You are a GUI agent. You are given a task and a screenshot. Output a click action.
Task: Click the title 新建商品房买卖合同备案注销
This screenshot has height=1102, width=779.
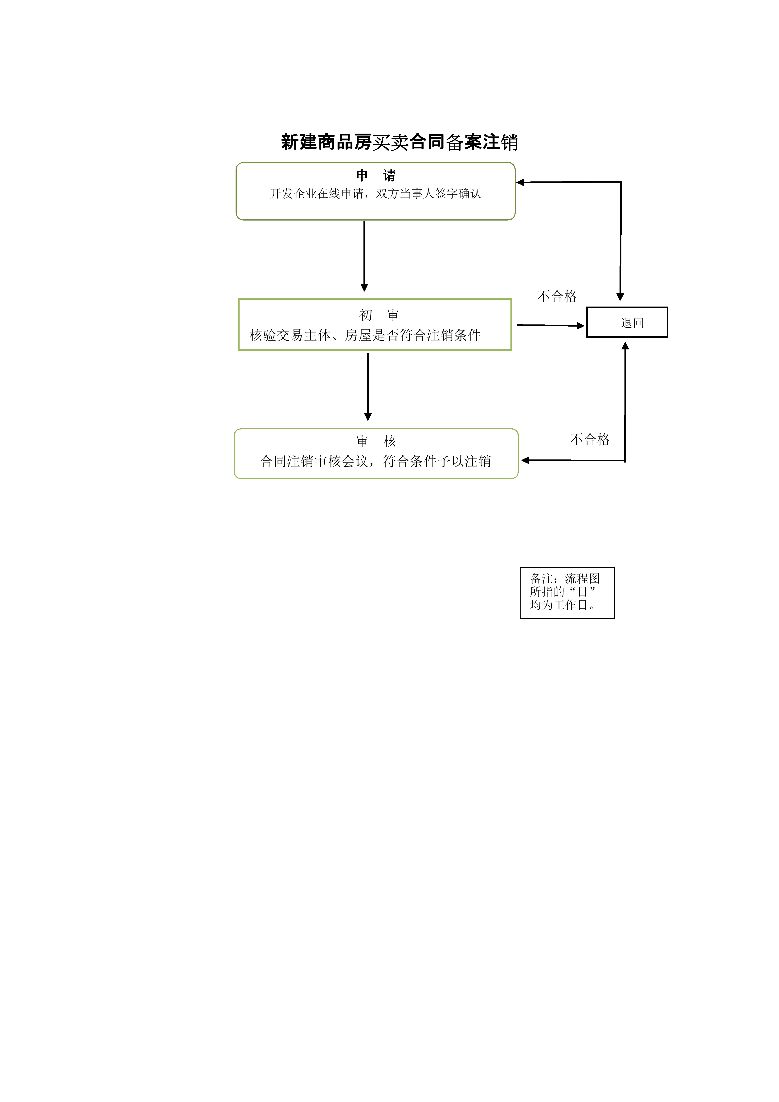tap(399, 142)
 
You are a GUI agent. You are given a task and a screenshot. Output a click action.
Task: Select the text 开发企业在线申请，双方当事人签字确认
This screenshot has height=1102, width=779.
tap(375, 193)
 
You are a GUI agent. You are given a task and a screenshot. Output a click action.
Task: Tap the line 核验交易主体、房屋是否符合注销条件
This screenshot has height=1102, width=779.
tap(365, 335)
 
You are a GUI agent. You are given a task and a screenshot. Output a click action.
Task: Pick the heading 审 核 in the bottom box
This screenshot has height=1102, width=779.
tap(376, 441)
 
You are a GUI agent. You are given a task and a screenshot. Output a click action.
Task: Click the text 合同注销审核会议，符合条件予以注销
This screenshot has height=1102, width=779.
tap(375, 461)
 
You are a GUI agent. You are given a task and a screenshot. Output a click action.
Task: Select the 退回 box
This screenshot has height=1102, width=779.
tap(627, 322)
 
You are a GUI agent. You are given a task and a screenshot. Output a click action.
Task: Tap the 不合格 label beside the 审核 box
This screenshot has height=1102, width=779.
tap(590, 439)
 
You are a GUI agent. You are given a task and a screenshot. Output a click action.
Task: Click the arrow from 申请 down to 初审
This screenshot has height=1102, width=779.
tap(364, 256)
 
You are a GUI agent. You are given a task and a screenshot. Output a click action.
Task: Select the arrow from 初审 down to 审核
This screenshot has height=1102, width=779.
tap(368, 387)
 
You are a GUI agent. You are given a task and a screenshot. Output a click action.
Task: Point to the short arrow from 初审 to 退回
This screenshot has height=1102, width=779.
tap(551, 325)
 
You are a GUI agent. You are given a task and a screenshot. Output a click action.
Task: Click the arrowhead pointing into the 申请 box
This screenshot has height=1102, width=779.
tap(520, 182)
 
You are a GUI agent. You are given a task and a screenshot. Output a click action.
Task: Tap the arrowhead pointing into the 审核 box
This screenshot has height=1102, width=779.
tap(525, 460)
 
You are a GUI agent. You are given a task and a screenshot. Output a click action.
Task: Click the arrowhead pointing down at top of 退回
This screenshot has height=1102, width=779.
tap(620, 297)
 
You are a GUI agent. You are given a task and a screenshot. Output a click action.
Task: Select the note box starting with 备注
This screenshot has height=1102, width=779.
tap(567, 593)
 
